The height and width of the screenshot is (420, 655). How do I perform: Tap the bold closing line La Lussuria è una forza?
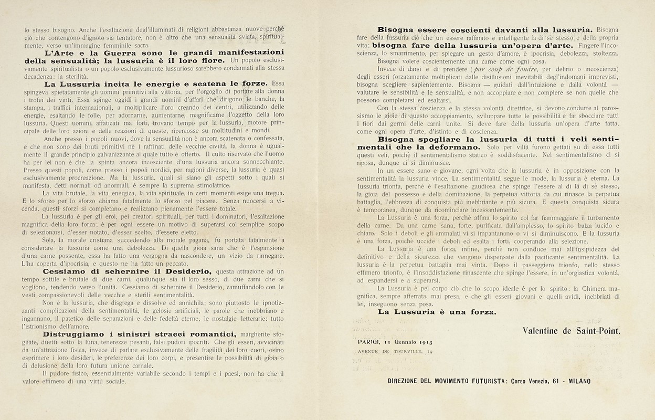point(437,313)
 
